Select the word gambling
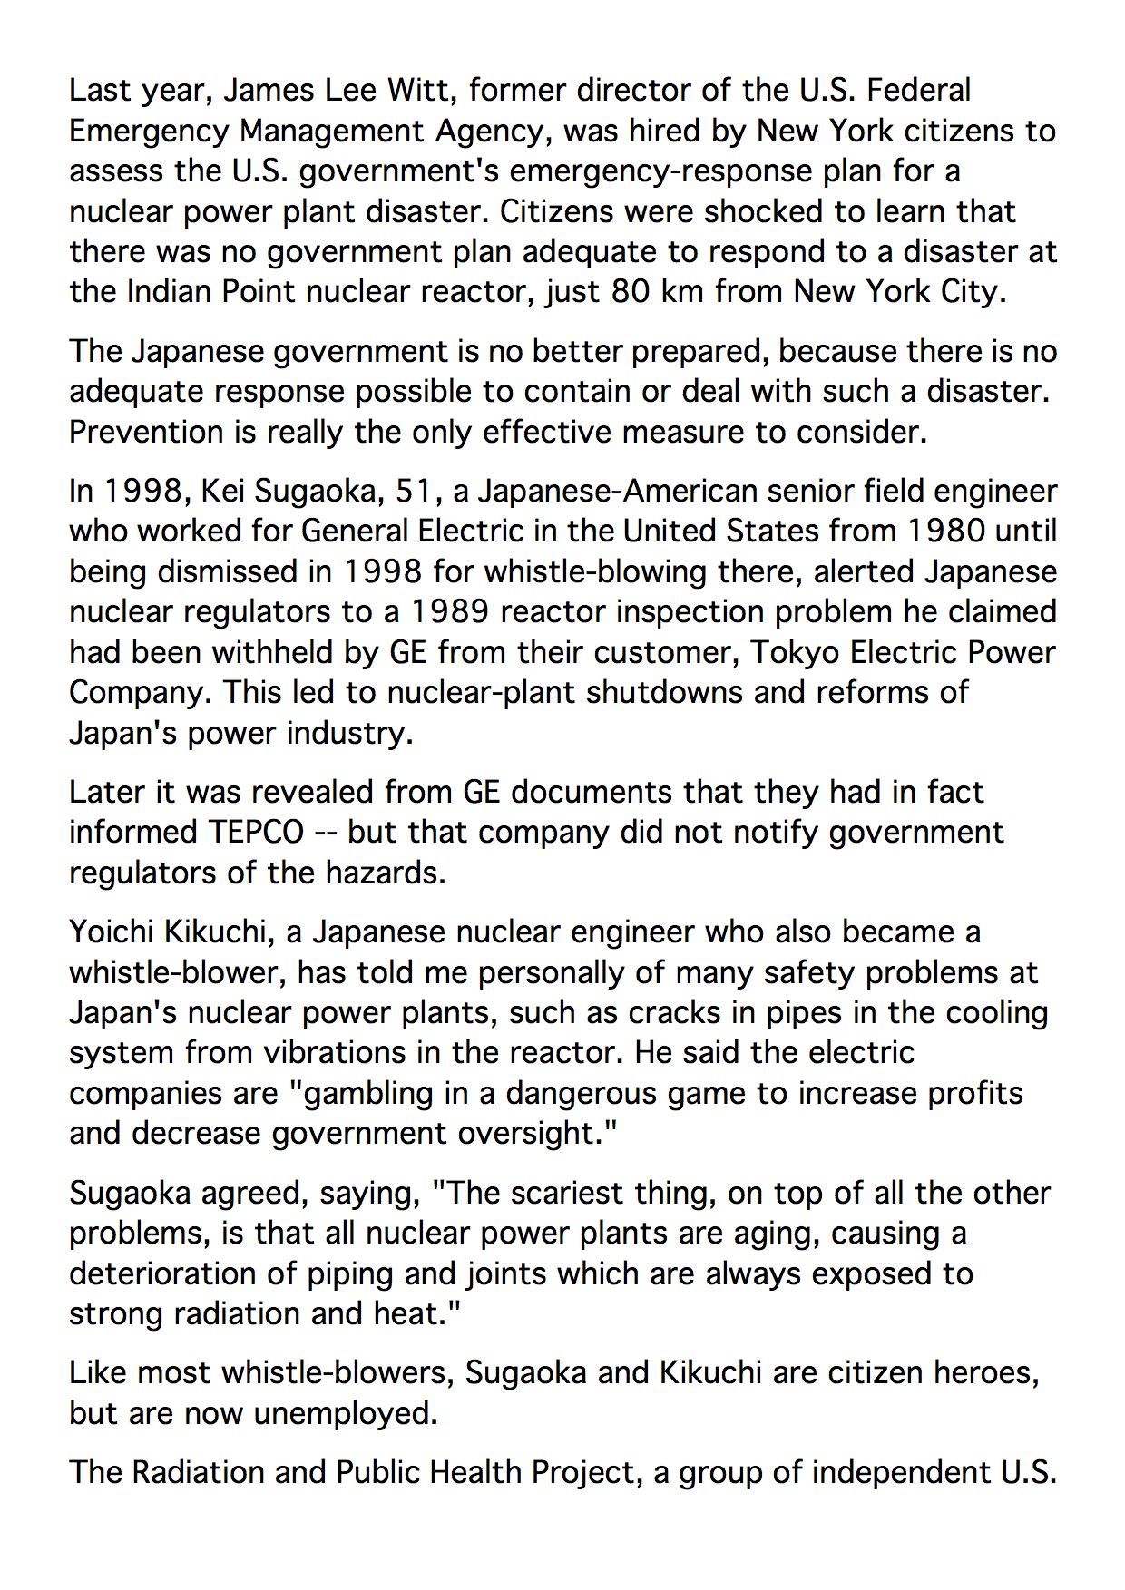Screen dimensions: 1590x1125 pyautogui.click(x=367, y=1093)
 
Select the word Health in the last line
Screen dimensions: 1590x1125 pyautogui.click(x=475, y=1472)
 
